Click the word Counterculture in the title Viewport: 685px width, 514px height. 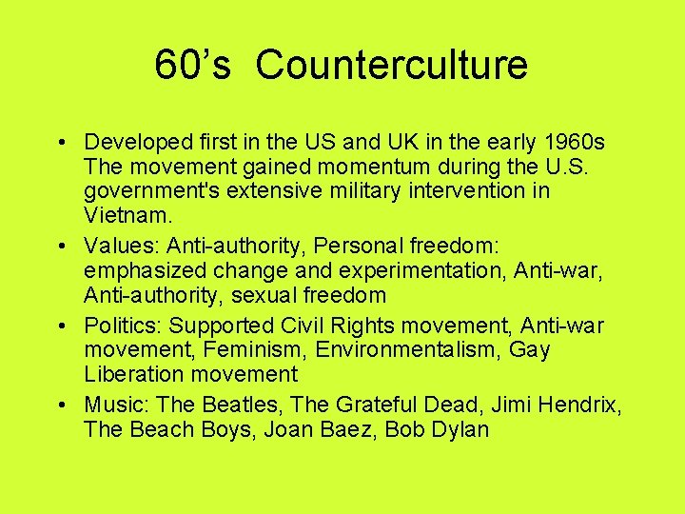[391, 66]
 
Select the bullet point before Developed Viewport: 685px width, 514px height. [59, 143]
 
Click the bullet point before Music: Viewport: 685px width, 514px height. [59, 406]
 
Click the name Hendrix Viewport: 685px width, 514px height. [579, 406]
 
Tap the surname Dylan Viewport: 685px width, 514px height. [460, 430]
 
